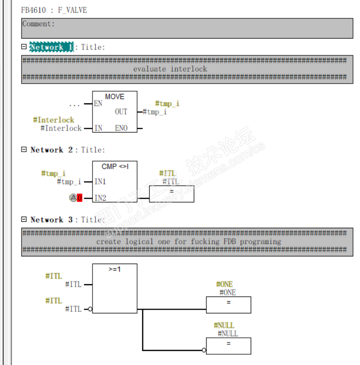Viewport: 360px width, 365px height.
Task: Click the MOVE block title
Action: [115, 97]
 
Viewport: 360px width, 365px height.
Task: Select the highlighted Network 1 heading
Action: [52, 47]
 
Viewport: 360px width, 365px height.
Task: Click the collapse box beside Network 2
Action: [24, 150]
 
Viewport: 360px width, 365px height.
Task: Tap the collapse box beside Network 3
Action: [24, 219]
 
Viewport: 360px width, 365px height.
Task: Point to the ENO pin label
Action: [121, 128]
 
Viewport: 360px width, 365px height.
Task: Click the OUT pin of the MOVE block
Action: [121, 112]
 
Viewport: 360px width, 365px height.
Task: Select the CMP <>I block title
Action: [115, 167]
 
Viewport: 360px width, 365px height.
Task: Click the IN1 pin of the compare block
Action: [100, 181]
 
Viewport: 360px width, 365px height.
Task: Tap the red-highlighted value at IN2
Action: [79, 198]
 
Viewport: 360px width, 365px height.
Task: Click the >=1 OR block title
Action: [115, 270]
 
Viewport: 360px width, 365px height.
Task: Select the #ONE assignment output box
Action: [228, 304]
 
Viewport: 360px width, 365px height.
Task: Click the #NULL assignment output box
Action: [228, 346]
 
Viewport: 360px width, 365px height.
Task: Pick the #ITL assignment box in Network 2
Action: [171, 194]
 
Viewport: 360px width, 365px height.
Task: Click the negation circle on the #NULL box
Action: [204, 350]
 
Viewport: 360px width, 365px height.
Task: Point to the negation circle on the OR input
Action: [90, 309]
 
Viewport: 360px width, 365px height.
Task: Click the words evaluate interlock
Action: [170, 69]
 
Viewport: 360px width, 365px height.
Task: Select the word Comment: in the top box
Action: [38, 24]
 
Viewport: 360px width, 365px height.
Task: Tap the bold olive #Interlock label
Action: [54, 120]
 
